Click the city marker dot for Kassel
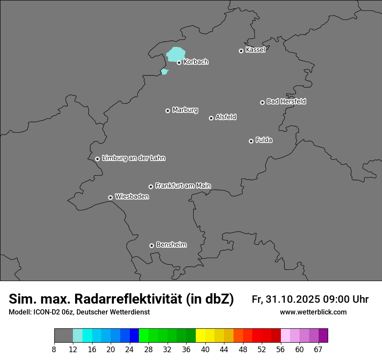tap(241, 51)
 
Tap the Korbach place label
tap(196, 62)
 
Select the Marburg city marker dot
tap(168, 111)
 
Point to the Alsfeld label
tap(226, 117)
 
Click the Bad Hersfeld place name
tap(286, 101)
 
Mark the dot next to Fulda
tap(251, 141)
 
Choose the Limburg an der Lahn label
tap(133, 158)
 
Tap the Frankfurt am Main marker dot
tap(151, 187)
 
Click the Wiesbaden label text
tap(132, 197)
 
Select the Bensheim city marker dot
tap(151, 245)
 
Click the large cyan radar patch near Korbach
tap(176, 55)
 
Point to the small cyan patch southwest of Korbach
tap(164, 72)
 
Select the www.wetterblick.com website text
tap(313, 312)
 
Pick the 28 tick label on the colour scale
tap(148, 350)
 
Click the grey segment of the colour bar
tap(63, 336)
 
